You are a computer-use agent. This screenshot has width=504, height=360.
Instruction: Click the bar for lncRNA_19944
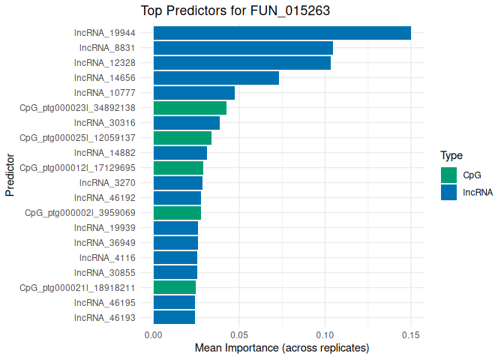tap(282, 33)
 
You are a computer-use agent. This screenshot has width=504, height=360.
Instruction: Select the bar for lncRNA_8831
tap(243, 48)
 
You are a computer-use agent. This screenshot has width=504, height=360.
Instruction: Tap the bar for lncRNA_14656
tap(216, 78)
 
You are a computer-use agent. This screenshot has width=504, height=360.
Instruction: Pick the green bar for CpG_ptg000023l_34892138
tap(190, 108)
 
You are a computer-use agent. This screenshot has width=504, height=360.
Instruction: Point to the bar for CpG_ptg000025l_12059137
tap(182, 138)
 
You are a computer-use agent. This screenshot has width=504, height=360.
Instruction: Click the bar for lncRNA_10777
tap(194, 93)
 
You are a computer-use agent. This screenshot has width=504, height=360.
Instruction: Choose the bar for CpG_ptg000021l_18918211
tap(175, 287)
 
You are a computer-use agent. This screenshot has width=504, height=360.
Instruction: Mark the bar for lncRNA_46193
tap(174, 317)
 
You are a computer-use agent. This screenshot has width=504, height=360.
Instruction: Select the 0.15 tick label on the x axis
tap(411, 334)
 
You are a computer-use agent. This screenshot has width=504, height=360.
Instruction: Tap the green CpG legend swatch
tap(448, 175)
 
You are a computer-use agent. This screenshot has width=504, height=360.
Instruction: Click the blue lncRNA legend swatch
tap(448, 192)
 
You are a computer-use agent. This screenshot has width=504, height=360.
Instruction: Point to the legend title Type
tap(451, 156)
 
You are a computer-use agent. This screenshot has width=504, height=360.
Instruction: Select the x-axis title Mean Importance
tap(282, 349)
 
